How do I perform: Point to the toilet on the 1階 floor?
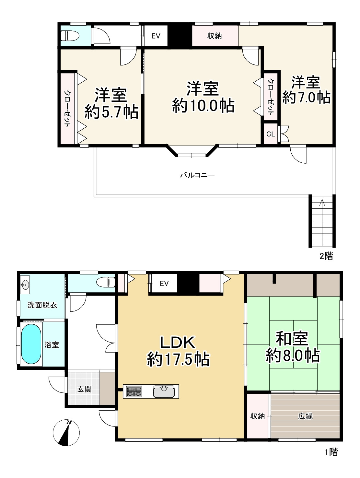(106, 282)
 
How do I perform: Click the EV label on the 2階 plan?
(156, 36)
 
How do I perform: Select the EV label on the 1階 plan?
(164, 283)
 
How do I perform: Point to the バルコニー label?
(197, 175)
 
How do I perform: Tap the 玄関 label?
(84, 389)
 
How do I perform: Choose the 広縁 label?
(305, 416)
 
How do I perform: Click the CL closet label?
(271, 134)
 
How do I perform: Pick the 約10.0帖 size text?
(203, 106)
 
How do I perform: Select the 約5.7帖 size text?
(111, 112)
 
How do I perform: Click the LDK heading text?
(177, 342)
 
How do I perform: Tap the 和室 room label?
(292, 338)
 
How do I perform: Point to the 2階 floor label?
(326, 256)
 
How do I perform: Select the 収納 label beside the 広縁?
(258, 416)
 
